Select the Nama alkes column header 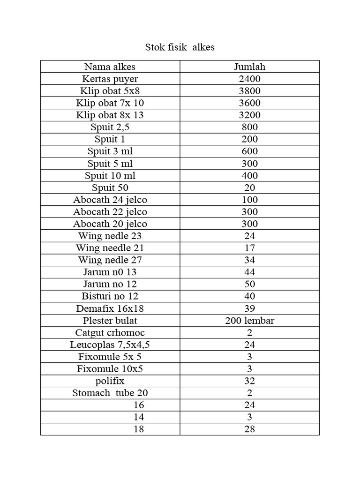(x=110, y=67)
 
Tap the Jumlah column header (x=249, y=67)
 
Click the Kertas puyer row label (x=110, y=79)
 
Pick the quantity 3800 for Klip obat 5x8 (x=249, y=91)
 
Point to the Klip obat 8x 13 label (x=110, y=115)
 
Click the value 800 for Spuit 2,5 (x=249, y=127)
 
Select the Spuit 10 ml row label (x=110, y=176)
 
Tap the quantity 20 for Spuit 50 (x=249, y=188)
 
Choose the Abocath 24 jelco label (x=110, y=200)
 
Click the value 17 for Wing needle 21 (x=249, y=248)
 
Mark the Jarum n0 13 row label (x=110, y=272)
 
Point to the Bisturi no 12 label (x=110, y=296)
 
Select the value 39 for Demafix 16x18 (x=249, y=308)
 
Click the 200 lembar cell (x=249, y=321)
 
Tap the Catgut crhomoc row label (x=110, y=333)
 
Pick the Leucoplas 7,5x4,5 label (x=110, y=345)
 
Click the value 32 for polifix (x=249, y=381)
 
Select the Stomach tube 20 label (x=110, y=393)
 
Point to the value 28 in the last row (x=249, y=429)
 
